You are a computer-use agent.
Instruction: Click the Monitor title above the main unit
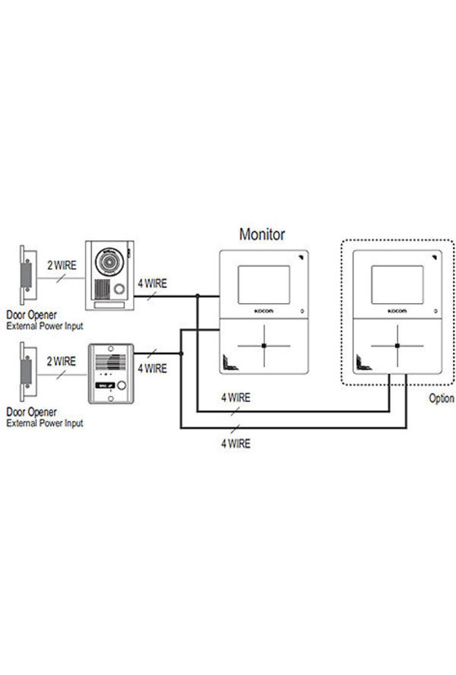click(x=261, y=235)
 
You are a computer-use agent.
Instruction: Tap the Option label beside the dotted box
click(x=442, y=398)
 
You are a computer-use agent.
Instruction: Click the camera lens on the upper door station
click(x=109, y=261)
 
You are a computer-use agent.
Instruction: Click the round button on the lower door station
click(x=122, y=385)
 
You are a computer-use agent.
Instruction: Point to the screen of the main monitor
click(x=264, y=284)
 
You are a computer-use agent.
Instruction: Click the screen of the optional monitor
click(x=397, y=284)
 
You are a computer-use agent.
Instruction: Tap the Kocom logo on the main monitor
click(x=264, y=311)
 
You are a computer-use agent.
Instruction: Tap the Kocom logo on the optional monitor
click(x=397, y=311)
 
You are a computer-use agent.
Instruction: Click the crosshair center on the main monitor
click(x=264, y=346)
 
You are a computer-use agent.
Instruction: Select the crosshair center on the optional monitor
click(x=397, y=346)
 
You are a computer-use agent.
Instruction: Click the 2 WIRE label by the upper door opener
click(x=62, y=265)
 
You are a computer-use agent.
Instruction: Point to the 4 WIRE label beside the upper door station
click(x=153, y=284)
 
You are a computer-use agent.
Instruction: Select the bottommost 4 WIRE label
click(x=236, y=443)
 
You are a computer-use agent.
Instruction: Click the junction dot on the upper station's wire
click(x=197, y=296)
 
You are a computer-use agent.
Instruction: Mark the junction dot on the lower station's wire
click(x=182, y=353)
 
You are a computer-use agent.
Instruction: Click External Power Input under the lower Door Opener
click(x=45, y=423)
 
